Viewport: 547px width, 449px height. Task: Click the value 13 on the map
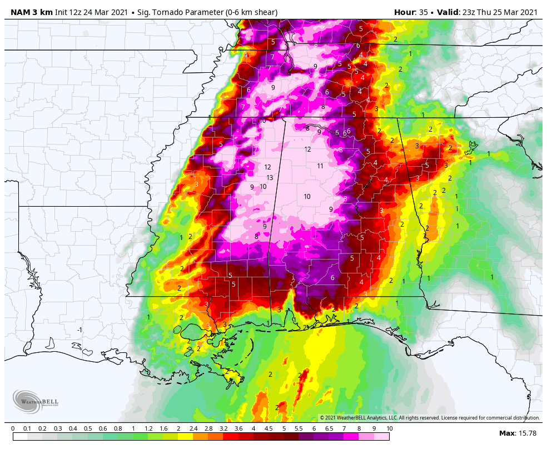click(270, 178)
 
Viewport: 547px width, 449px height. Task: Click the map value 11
click(320, 166)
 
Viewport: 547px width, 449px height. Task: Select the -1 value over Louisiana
click(79, 330)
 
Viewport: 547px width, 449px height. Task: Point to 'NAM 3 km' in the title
click(31, 12)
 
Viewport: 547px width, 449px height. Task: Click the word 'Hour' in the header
click(404, 12)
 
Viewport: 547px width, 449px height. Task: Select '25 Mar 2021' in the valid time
click(514, 12)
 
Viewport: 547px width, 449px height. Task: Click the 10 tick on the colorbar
click(389, 428)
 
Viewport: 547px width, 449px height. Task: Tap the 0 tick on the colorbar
click(13, 428)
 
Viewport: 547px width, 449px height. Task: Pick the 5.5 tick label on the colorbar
click(299, 428)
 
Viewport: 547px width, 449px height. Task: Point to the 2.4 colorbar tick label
click(193, 428)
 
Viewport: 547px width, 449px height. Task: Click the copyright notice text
click(429, 418)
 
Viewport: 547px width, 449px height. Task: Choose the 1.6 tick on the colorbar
click(163, 428)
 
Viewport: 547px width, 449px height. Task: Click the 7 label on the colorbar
click(344, 428)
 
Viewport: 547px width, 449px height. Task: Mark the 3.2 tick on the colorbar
click(223, 428)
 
